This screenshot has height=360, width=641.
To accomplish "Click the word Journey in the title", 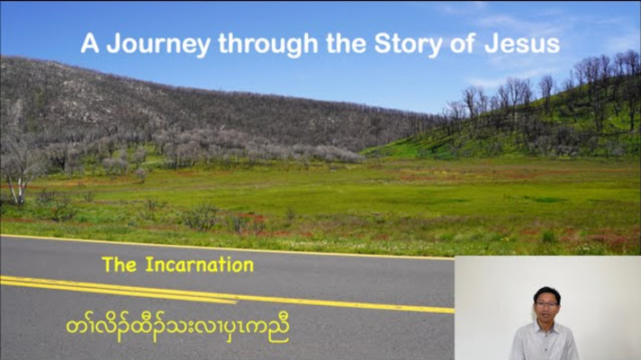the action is click(x=158, y=44).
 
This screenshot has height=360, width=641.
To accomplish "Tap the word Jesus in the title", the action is click(x=522, y=43).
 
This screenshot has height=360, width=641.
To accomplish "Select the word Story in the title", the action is click(x=408, y=44).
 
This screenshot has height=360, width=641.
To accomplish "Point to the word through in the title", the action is click(x=268, y=44).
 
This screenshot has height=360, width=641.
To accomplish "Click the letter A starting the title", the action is click(x=90, y=43).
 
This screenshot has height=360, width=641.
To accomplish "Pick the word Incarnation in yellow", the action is click(x=200, y=265).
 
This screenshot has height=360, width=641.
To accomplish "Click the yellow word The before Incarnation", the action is click(x=119, y=265).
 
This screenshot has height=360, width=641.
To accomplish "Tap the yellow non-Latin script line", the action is click(x=178, y=328).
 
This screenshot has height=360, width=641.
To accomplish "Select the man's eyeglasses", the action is click(x=546, y=304).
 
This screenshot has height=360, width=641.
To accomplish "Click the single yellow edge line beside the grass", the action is click(x=227, y=247).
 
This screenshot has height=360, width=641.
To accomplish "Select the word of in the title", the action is click(x=462, y=43).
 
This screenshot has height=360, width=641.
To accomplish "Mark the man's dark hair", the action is click(x=547, y=294).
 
